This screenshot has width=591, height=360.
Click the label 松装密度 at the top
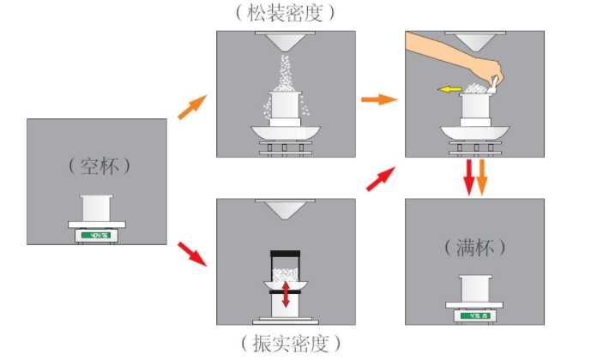pos(286,13)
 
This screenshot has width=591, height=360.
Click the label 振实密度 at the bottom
pos(286,345)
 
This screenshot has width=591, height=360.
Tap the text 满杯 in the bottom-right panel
pos(475,247)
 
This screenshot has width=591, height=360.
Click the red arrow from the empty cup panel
pos(191,254)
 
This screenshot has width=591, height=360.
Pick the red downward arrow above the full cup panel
pos(468,177)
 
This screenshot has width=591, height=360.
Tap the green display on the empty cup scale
pos(96,235)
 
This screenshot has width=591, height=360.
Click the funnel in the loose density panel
pos(286,42)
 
